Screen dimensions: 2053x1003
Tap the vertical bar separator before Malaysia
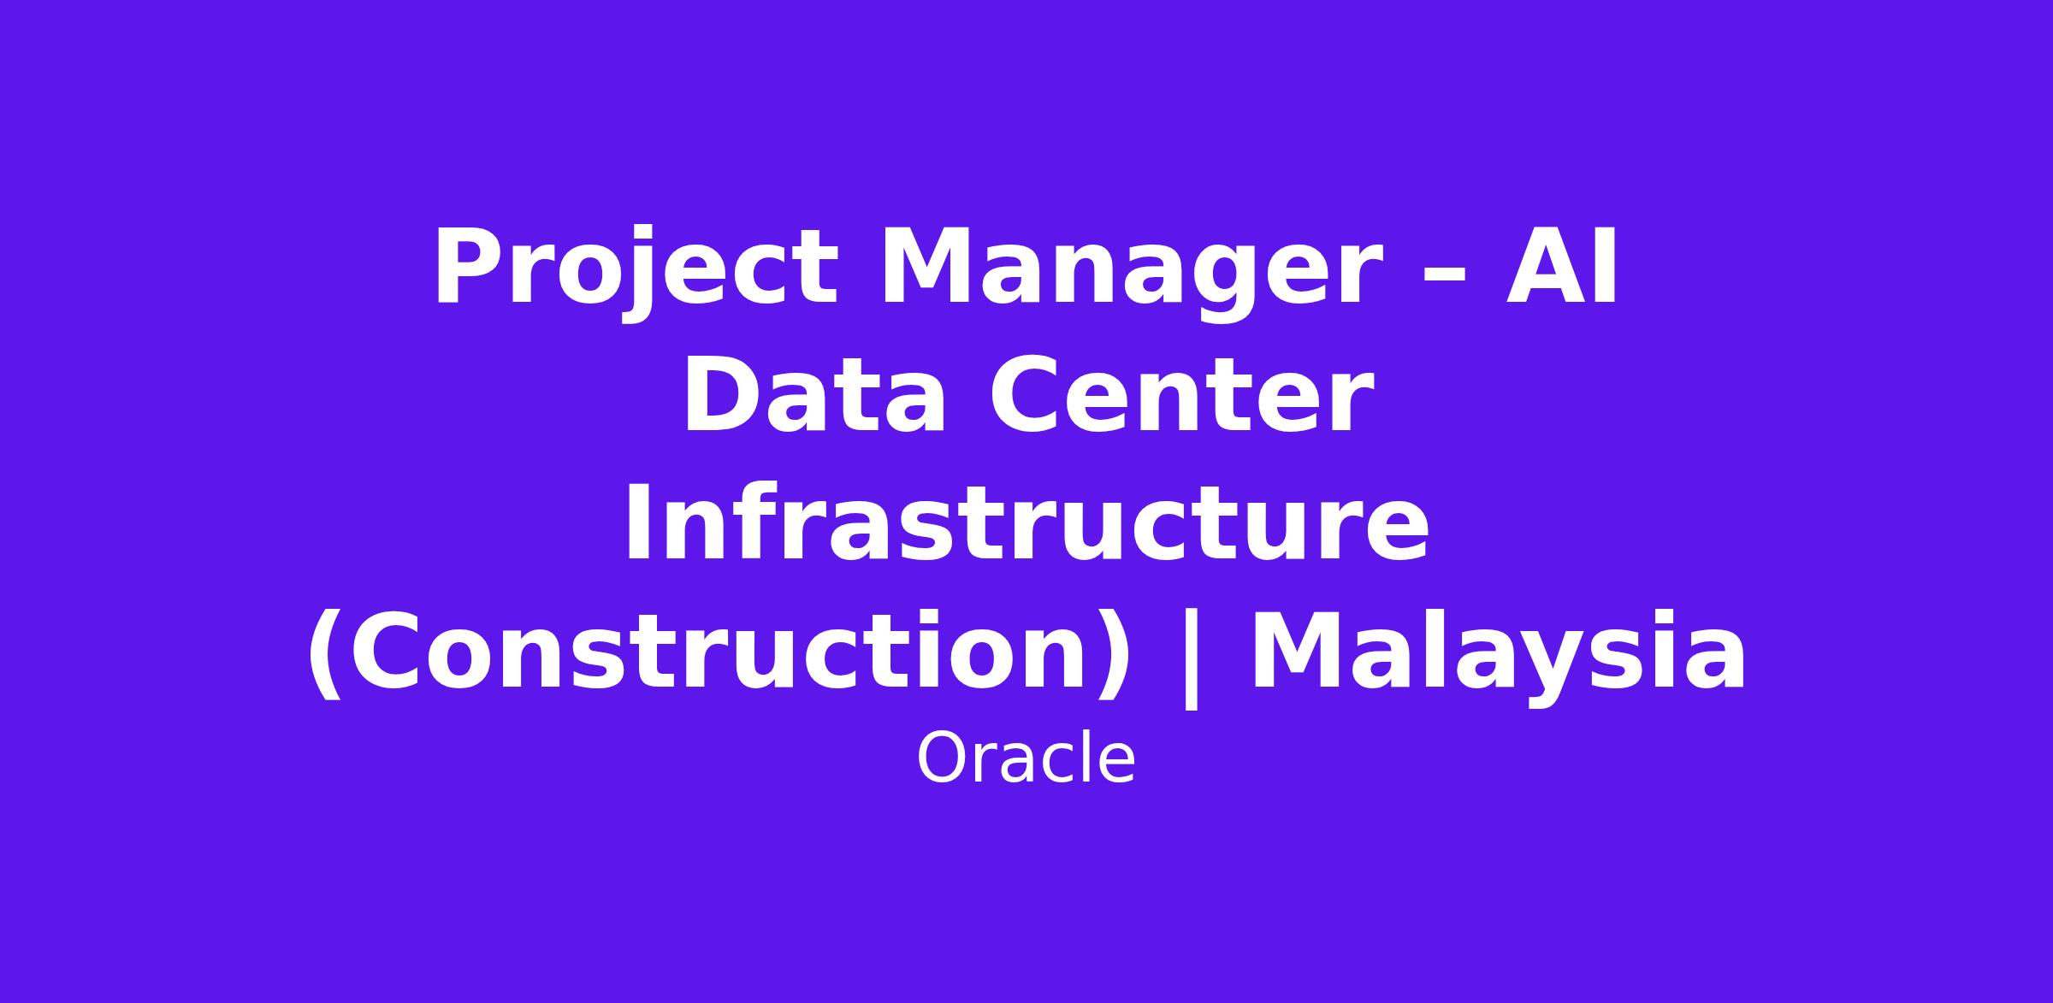point(1190,658)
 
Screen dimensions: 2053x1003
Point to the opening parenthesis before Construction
point(326,655)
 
